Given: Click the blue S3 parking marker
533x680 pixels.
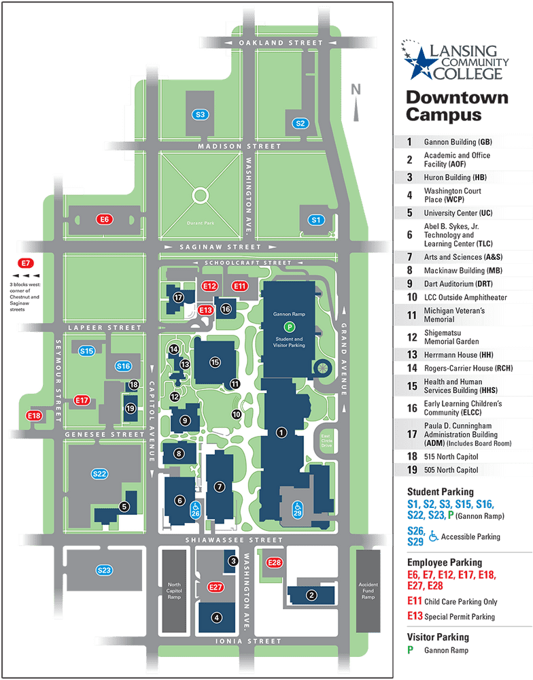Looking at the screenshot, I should (x=200, y=114).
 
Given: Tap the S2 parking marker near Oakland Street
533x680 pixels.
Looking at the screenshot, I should (x=300, y=123).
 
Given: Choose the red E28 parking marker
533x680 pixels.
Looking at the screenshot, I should (x=275, y=562).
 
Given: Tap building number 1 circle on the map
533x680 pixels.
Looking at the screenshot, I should (x=280, y=432).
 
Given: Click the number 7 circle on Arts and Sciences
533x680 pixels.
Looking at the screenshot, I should (x=219, y=486).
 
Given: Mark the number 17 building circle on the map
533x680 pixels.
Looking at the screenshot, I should (x=179, y=297).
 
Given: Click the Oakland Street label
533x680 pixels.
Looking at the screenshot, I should (x=280, y=43).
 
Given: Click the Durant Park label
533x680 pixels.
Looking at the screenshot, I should (x=200, y=223).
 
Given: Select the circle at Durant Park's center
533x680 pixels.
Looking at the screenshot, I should (x=200, y=195).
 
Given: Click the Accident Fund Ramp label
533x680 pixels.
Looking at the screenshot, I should (x=368, y=591).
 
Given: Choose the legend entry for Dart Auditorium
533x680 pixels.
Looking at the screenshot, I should (x=462, y=283).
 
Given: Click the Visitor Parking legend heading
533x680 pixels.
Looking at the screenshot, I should (x=438, y=637).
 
